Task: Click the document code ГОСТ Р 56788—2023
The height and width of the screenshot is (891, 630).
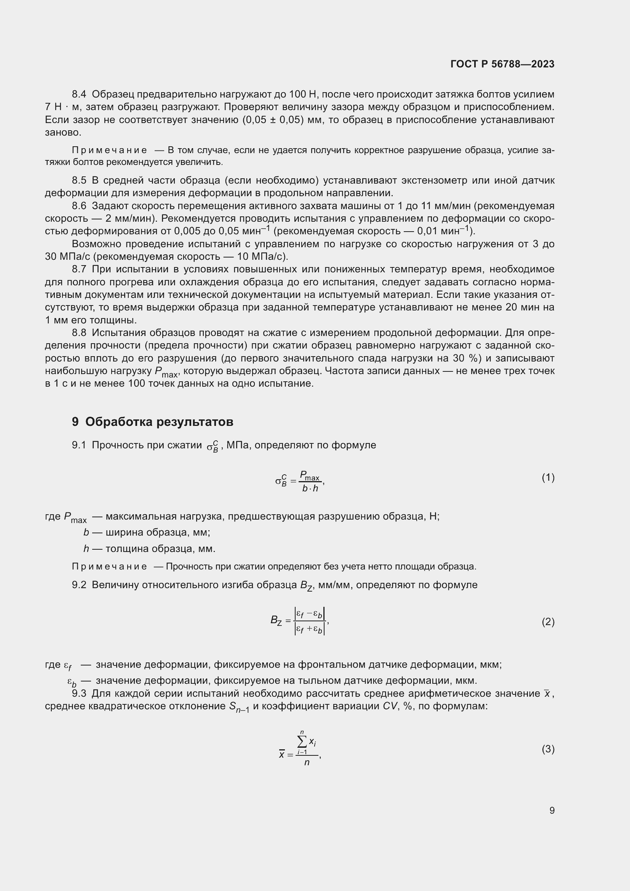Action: click(502, 64)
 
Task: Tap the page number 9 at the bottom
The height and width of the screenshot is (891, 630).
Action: click(552, 810)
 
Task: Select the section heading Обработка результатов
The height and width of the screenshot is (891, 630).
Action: click(159, 422)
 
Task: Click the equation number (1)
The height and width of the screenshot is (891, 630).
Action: click(548, 478)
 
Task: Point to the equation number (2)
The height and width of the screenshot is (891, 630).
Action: click(548, 622)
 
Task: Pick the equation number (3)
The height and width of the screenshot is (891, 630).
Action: click(548, 749)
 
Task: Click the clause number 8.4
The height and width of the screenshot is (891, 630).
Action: click(79, 94)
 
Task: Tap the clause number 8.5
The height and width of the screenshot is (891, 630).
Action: click(79, 181)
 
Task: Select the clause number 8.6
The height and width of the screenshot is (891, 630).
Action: click(79, 206)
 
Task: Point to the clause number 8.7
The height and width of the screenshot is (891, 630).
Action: click(79, 269)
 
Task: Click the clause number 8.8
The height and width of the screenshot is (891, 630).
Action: click(79, 333)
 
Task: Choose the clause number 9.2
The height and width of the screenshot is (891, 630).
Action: click(79, 585)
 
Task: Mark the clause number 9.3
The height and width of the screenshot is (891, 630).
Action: click(79, 693)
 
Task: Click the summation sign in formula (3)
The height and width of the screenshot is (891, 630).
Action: click(302, 742)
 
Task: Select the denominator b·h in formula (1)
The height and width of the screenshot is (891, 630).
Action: click(310, 489)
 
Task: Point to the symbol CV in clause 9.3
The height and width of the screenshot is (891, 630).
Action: click(390, 706)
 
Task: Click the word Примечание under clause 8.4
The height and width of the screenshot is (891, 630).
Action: click(109, 150)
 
